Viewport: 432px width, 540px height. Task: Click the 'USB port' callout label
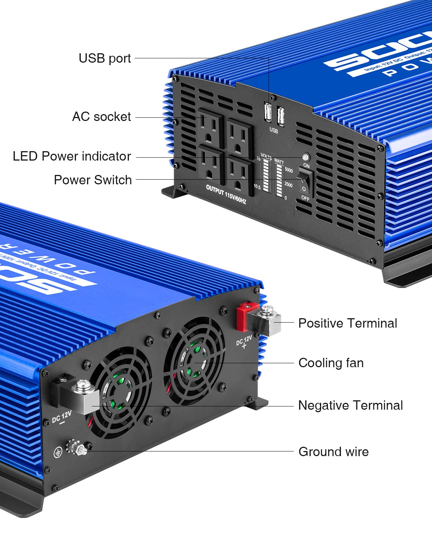104,58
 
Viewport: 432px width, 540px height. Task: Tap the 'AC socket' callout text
102,117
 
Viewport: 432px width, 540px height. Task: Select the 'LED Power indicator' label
72,156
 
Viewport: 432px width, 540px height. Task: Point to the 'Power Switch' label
93,180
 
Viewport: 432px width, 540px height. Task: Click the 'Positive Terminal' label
347,323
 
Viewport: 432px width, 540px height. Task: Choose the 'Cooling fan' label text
331,363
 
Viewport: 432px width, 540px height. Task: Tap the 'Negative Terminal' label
350,405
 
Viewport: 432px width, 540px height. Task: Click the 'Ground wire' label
333,452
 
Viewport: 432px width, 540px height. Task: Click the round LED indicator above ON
306,157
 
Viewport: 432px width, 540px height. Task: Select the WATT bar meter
279,180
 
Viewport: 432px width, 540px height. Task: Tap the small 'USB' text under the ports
274,130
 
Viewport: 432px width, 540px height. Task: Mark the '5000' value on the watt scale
289,170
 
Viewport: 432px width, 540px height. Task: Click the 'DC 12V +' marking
244,342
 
